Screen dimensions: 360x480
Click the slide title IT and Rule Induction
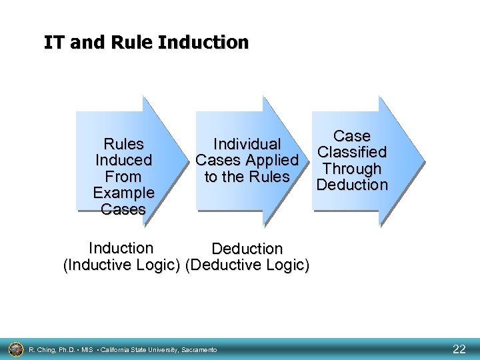click(x=146, y=43)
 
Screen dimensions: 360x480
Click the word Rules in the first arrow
click(x=123, y=144)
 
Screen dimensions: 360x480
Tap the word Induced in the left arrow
click(x=123, y=161)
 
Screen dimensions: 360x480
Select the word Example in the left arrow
click(x=123, y=193)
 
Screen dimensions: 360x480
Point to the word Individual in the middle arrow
click(x=247, y=144)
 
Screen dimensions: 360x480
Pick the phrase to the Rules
click(x=247, y=177)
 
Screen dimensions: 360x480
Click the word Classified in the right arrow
click(x=352, y=153)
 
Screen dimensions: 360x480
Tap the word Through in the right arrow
click(x=352, y=169)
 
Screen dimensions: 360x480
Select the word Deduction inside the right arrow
click(x=352, y=185)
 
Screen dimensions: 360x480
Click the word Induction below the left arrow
click(x=121, y=248)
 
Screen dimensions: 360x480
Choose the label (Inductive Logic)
click(x=121, y=265)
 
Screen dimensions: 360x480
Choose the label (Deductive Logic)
click(x=247, y=265)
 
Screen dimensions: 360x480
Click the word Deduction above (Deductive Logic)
click(x=247, y=249)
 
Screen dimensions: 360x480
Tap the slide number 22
click(x=459, y=349)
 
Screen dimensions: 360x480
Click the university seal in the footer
click(x=15, y=349)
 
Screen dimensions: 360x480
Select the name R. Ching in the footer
click(x=43, y=349)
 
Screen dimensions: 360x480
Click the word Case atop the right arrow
click(x=352, y=136)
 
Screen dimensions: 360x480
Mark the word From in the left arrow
click(x=123, y=177)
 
